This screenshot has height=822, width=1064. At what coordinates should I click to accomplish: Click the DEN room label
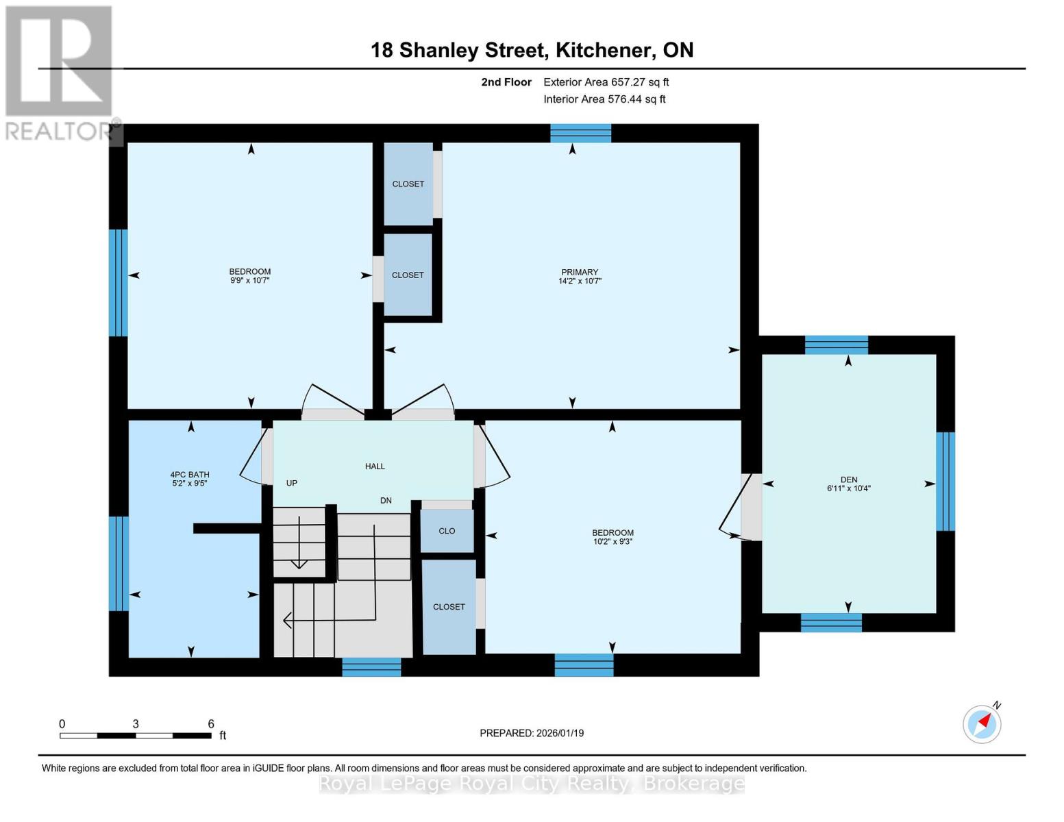tap(848, 480)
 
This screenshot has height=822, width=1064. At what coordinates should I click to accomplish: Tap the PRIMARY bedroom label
tap(579, 272)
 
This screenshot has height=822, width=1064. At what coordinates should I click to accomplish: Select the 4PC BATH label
tap(190, 475)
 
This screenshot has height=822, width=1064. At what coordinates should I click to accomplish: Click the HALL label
tap(375, 466)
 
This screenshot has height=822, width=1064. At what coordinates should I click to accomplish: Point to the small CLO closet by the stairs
tap(447, 531)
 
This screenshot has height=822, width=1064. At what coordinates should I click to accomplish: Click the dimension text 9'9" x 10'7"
tap(249, 281)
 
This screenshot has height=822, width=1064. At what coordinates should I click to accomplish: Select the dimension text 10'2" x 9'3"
tap(613, 542)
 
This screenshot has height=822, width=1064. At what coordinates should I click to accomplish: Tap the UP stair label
tap(292, 483)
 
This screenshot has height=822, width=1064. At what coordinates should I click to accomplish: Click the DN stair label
tap(386, 501)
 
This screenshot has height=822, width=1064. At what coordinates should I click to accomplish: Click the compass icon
tap(982, 723)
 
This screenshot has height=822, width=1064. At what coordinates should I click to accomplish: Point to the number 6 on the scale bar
tap(211, 724)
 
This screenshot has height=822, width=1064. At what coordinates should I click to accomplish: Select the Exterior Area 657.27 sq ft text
tap(606, 82)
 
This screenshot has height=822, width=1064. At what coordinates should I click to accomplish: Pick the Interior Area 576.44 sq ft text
tap(604, 99)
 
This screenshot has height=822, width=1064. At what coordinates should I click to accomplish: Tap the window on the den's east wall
tap(945, 481)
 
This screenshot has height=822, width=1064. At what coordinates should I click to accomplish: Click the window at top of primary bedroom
tap(580, 133)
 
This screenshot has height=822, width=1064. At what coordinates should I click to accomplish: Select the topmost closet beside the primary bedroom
tap(408, 184)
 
